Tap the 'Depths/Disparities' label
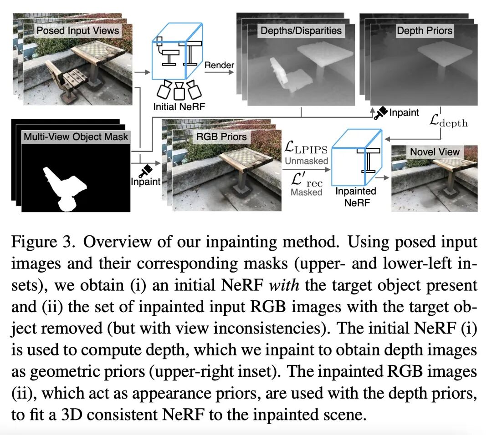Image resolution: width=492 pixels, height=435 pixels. coord(301,31)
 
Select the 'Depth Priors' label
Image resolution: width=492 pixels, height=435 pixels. coord(425,31)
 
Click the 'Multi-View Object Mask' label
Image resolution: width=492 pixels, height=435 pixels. coord(76,137)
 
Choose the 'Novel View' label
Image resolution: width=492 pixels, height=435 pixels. coord(435,151)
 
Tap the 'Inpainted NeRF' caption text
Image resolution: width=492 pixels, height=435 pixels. coord(355,197)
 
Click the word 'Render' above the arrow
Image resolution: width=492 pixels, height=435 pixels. coord(219,65)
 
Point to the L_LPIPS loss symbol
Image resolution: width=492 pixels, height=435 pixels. coord(304,147)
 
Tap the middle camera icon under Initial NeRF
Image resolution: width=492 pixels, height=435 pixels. coord(179,91)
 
